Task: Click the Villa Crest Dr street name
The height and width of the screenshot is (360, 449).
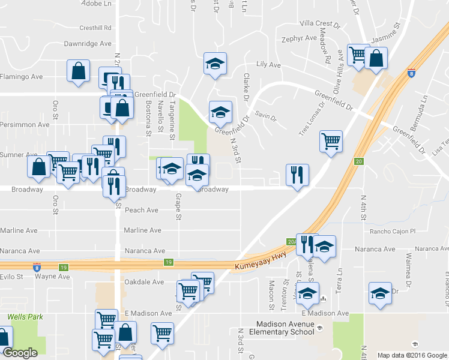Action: (x=319, y=23)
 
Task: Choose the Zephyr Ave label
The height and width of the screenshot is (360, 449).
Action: (x=299, y=38)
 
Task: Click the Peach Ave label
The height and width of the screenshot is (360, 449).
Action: (x=141, y=210)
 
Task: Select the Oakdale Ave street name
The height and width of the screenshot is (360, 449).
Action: (x=143, y=281)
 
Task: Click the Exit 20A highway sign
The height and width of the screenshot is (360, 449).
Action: (x=292, y=241)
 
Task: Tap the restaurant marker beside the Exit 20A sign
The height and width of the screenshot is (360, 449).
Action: (x=306, y=244)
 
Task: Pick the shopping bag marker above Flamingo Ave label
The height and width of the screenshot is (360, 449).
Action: (x=78, y=70)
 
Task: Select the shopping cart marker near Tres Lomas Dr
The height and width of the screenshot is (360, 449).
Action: (x=331, y=142)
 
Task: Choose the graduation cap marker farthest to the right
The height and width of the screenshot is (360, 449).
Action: (x=379, y=293)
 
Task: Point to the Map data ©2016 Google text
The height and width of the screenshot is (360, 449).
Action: (x=412, y=355)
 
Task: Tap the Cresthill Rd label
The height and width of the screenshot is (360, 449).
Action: (x=95, y=28)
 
